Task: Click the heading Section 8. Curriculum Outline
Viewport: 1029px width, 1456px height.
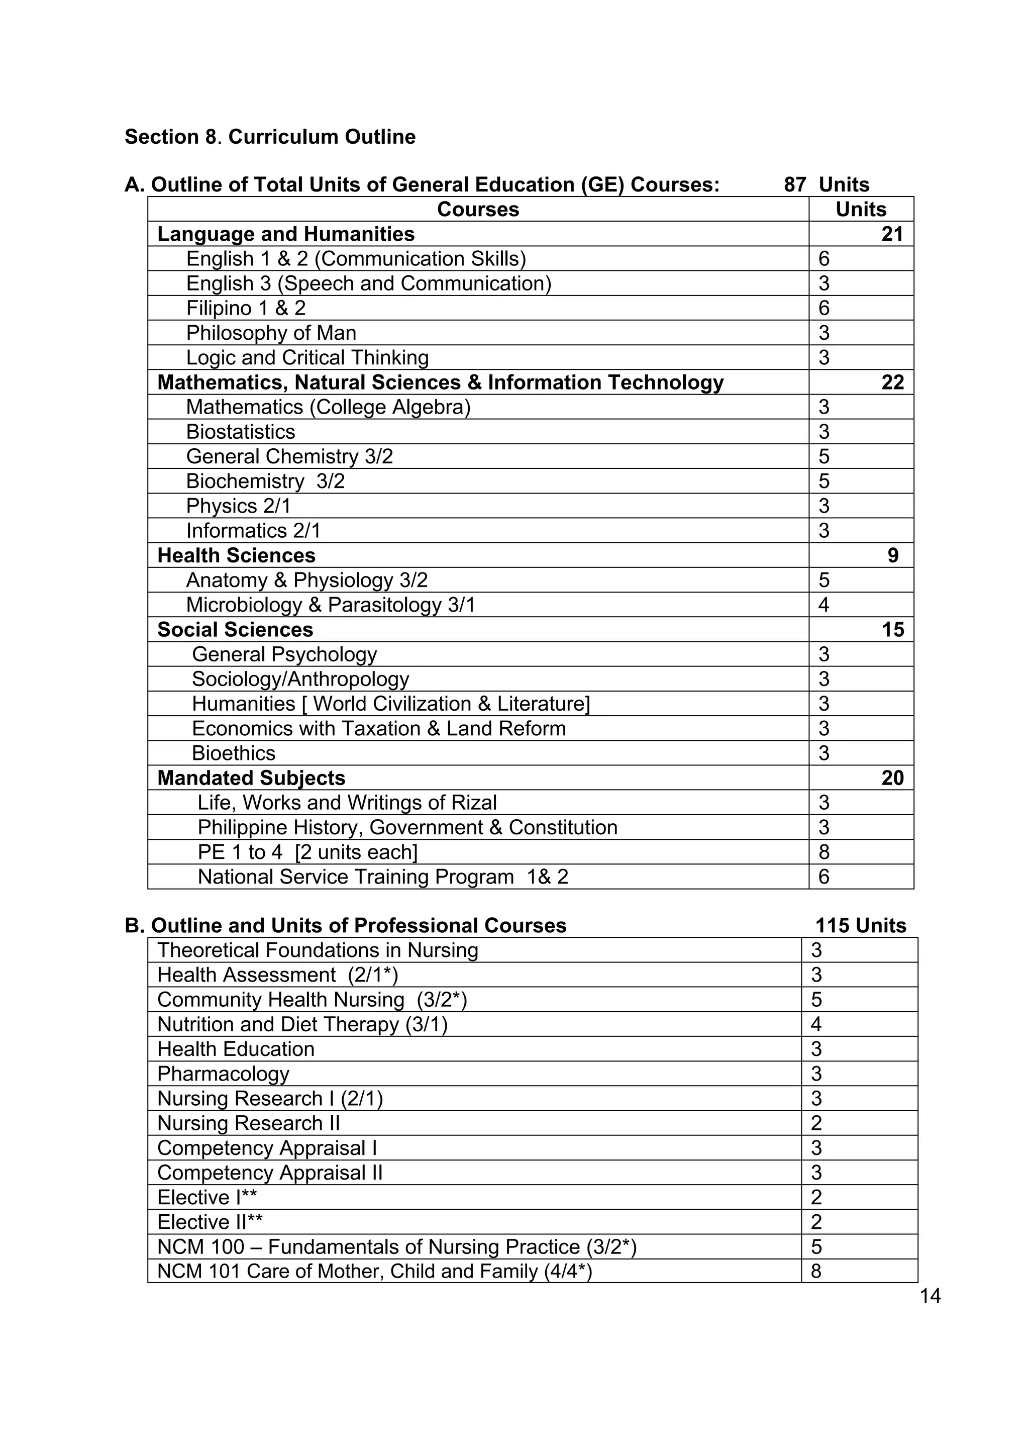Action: [270, 137]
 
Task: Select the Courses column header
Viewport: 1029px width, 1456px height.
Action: [477, 209]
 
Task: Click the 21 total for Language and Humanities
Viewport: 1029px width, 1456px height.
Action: [891, 234]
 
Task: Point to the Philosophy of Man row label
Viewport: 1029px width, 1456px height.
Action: [271, 333]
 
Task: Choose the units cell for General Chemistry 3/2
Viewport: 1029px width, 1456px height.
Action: [824, 456]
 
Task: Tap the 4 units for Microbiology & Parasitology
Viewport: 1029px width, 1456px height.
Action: [823, 605]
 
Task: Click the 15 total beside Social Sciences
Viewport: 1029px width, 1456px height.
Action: [892, 630]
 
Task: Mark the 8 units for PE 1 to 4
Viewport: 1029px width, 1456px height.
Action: [824, 852]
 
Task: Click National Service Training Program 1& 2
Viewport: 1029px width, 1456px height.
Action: [383, 877]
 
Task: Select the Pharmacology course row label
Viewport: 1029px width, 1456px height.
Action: [223, 1074]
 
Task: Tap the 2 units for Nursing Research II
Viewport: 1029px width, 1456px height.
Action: [816, 1124]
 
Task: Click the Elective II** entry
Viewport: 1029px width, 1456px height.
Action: [210, 1223]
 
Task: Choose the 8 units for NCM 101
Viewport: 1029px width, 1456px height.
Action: [816, 1272]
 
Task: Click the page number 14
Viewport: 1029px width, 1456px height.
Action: [930, 1296]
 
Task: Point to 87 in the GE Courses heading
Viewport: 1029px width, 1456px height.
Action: [794, 184]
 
